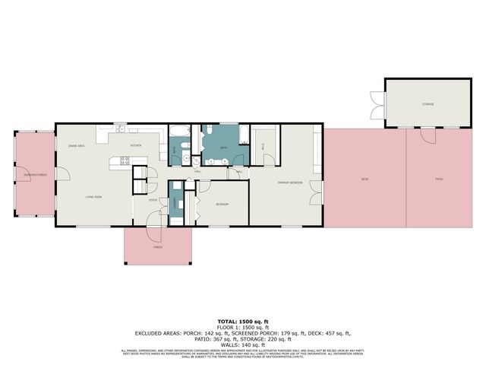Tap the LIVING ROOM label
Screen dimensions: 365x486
pyautogui.click(x=93, y=197)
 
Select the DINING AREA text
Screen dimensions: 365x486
pyautogui.click(x=76, y=145)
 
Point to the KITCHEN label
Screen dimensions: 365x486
pyautogui.click(x=136, y=144)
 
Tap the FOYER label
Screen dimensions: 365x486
pyautogui.click(x=152, y=200)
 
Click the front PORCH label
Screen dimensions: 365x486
pyautogui.click(x=157, y=247)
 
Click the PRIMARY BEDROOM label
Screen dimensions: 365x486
pyautogui.click(x=289, y=183)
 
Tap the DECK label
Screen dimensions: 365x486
pyautogui.click(x=364, y=179)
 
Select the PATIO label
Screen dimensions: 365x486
pyautogui.click(x=439, y=179)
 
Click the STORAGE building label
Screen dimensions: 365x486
pyautogui.click(x=428, y=104)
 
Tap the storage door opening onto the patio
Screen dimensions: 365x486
pyautogui.click(x=428, y=134)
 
